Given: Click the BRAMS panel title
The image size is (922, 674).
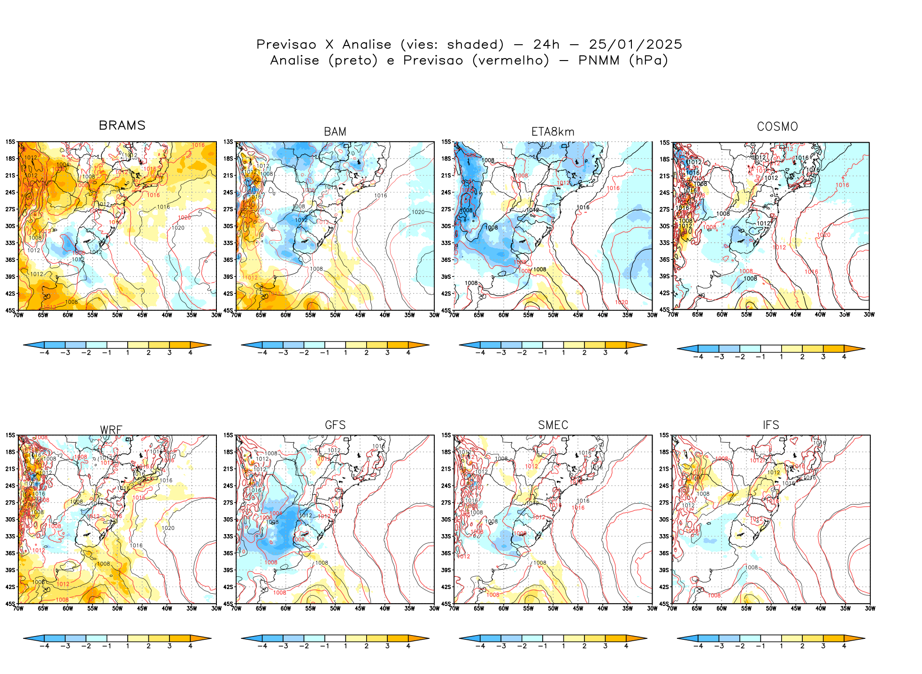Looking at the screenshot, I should click(122, 125).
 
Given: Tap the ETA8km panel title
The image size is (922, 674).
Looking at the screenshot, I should click(553, 132).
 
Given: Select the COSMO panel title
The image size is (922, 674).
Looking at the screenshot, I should click(777, 127).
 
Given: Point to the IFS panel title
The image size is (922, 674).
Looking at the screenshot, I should click(771, 425).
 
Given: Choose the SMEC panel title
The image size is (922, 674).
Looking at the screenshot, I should click(553, 425).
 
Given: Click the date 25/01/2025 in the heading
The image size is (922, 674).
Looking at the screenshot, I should click(635, 45).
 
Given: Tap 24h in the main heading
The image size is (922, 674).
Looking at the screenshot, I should click(546, 45).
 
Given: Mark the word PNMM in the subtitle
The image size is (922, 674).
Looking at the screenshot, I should click(599, 61).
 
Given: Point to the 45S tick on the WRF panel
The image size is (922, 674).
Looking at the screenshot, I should click(10, 604).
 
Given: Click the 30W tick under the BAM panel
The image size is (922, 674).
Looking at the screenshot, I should click(434, 315).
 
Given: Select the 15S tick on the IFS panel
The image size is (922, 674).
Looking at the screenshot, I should click(664, 435).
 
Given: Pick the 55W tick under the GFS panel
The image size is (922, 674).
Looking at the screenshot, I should click(310, 609).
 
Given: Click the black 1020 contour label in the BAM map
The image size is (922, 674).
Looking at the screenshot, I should click(418, 212).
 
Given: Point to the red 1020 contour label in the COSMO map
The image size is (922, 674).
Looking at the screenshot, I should click(823, 235).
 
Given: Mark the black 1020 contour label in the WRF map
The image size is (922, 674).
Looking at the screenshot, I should click(168, 528).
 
